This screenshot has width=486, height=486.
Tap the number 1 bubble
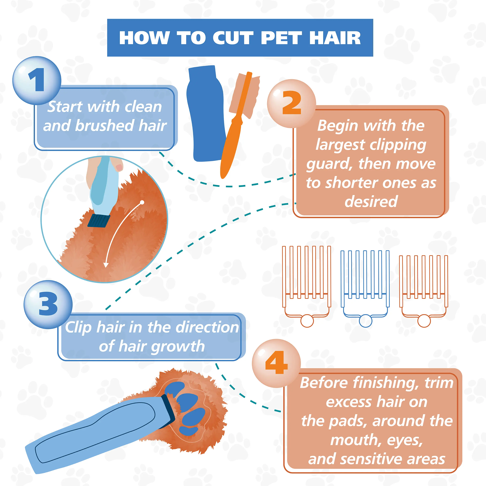point(37,81)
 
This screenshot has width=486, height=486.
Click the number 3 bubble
point(48,304)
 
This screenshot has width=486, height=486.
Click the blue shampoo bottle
point(206,113)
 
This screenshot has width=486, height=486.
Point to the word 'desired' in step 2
point(371,202)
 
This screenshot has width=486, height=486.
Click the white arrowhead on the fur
point(106,265)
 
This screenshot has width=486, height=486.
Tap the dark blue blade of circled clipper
point(99,221)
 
